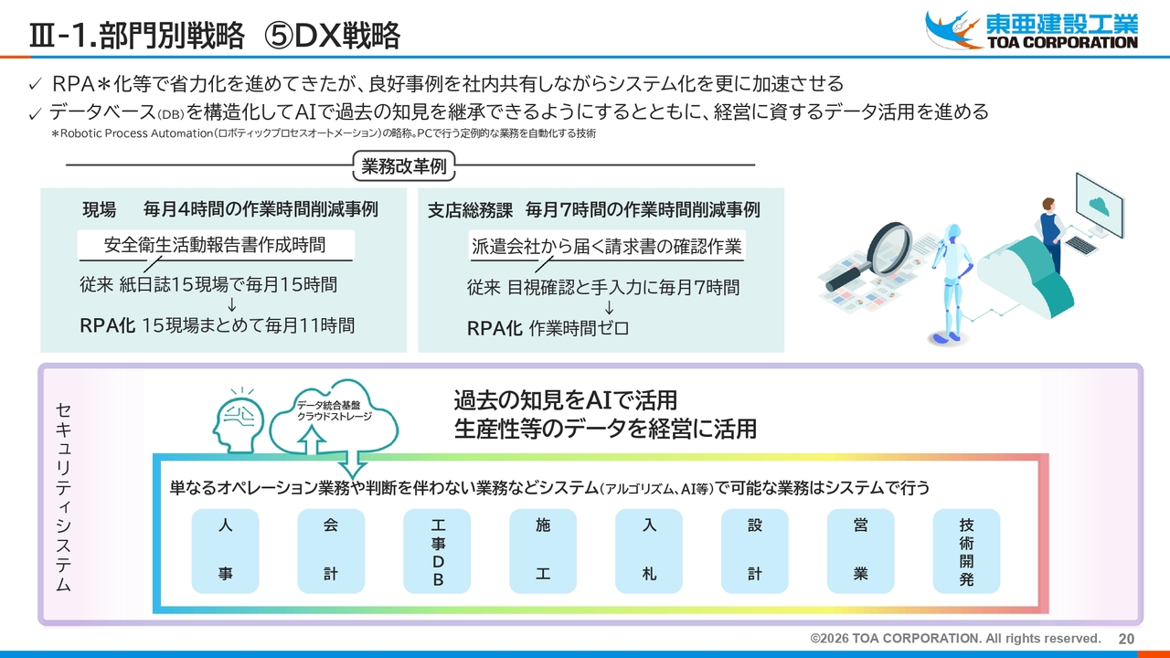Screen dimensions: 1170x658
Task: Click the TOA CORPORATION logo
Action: pyautogui.click(x=1031, y=30)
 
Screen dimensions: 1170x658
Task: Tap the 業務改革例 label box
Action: pyautogui.click(x=404, y=166)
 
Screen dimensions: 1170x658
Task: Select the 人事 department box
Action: pyautogui.click(x=225, y=551)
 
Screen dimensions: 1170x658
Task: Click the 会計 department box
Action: pyautogui.click(x=331, y=551)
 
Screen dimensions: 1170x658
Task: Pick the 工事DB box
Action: pyautogui.click(x=437, y=551)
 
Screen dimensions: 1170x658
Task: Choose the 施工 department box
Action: pyautogui.click(x=543, y=551)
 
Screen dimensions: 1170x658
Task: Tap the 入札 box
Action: pyautogui.click(x=649, y=551)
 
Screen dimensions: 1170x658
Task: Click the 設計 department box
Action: pyautogui.click(x=755, y=551)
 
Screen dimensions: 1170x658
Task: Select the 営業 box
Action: pyautogui.click(x=861, y=551)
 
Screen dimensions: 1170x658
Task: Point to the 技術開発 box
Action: pyautogui.click(x=966, y=551)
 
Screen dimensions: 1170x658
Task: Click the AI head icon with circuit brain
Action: pyautogui.click(x=239, y=421)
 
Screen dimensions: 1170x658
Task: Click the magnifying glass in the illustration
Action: pyautogui.click(x=872, y=256)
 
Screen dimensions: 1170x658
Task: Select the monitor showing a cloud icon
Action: pyautogui.click(x=1100, y=207)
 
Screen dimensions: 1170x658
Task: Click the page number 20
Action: pyautogui.click(x=1126, y=639)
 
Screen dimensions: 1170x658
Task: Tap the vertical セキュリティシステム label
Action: pyautogui.click(x=63, y=496)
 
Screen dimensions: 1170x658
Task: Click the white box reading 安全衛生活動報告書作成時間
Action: pyautogui.click(x=216, y=245)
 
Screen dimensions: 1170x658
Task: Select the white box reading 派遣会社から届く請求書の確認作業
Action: pyautogui.click(x=606, y=246)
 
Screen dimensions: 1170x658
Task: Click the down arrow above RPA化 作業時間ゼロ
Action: pyautogui.click(x=609, y=307)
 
